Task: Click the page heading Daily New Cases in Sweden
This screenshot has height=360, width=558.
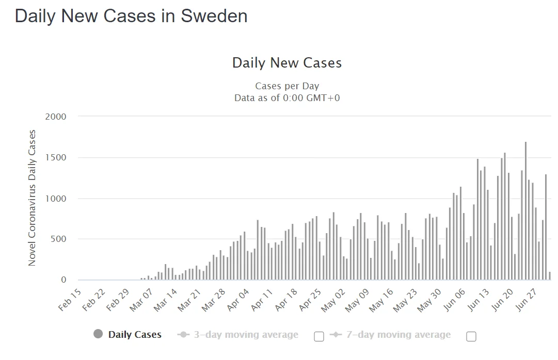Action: pos(131,16)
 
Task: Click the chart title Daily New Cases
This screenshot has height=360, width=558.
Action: pos(287,63)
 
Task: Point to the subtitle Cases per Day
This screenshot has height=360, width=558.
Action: pos(287,86)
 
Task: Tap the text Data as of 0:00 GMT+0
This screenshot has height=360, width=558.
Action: pos(287,97)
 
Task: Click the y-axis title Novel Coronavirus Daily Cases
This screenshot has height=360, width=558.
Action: pos(32,198)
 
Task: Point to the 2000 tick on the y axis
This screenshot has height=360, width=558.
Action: pos(56,117)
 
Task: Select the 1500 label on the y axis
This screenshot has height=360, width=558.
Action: pos(56,157)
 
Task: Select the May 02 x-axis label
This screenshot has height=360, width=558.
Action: pos(332,300)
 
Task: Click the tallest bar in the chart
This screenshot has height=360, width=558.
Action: pos(525,211)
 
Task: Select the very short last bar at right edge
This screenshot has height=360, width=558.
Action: pos(550,276)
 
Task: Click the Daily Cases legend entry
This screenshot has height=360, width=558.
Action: pos(135,335)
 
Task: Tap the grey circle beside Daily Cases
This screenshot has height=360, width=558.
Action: pos(98,334)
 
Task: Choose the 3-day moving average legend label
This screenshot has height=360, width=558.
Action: pos(246,335)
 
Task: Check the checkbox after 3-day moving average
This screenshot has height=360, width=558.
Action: pos(319,336)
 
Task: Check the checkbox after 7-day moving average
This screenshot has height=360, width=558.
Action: pos(471,336)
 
